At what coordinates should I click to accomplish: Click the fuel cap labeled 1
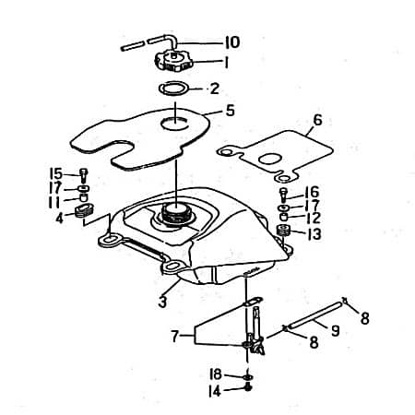tap(173, 61)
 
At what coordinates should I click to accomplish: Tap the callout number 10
tap(232, 42)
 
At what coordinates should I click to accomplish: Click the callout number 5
tap(230, 111)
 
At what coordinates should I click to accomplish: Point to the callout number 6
tap(317, 120)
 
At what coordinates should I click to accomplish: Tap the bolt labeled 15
tap(84, 175)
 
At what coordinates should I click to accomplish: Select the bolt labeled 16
tap(283, 194)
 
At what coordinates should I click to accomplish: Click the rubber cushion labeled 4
tap(84, 211)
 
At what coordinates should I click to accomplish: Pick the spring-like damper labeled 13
tap(284, 231)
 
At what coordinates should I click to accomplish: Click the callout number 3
tap(162, 302)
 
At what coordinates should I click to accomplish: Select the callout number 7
tap(174, 337)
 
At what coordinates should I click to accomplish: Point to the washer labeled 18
tap(248, 376)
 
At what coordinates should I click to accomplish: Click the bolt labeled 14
tap(248, 387)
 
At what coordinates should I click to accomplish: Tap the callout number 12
tap(314, 218)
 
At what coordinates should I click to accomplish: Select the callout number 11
tap(54, 202)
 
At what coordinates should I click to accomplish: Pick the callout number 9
tap(335, 331)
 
